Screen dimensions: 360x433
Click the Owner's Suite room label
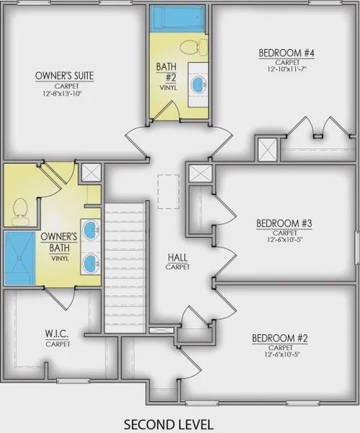65,76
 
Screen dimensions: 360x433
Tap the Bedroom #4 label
286,53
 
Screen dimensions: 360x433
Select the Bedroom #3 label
284,224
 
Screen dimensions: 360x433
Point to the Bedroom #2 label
280,338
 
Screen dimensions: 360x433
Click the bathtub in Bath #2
179,18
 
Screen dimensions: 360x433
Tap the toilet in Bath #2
193,48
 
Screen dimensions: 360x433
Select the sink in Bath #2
198,84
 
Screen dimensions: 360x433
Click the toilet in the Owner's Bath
20,211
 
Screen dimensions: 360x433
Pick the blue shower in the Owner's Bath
20,258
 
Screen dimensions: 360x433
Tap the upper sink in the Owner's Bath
91,229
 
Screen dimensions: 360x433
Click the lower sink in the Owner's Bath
91,263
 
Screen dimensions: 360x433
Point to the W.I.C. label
57,334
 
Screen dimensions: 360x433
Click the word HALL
177,258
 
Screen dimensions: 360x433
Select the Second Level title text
168,424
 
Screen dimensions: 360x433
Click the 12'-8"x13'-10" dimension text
63,94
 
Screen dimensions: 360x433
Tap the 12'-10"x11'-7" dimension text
287,69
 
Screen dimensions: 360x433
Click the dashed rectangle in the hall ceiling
169,192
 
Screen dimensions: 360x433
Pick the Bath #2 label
166,72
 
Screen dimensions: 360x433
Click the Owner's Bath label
59,242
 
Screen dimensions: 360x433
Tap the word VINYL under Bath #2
168,87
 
